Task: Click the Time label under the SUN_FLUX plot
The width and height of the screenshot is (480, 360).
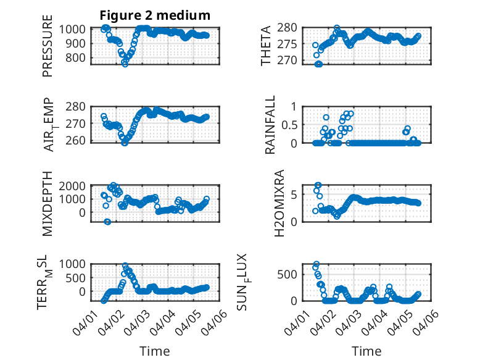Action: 366,351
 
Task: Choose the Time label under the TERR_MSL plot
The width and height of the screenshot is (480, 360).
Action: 154,351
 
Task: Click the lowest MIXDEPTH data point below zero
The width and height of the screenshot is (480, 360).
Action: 107,222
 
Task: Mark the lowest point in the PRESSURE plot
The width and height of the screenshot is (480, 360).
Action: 125,64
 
